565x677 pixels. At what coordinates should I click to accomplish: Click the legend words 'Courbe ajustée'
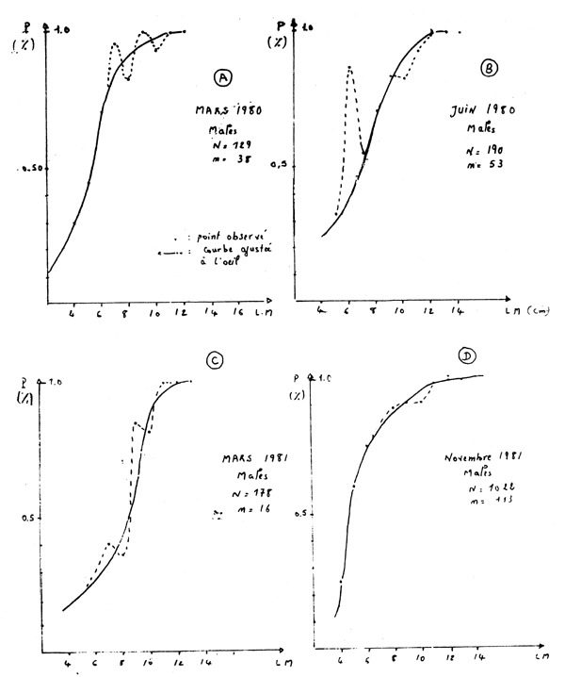tap(207, 253)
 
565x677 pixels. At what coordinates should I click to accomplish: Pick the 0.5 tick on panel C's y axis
tap(29, 518)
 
